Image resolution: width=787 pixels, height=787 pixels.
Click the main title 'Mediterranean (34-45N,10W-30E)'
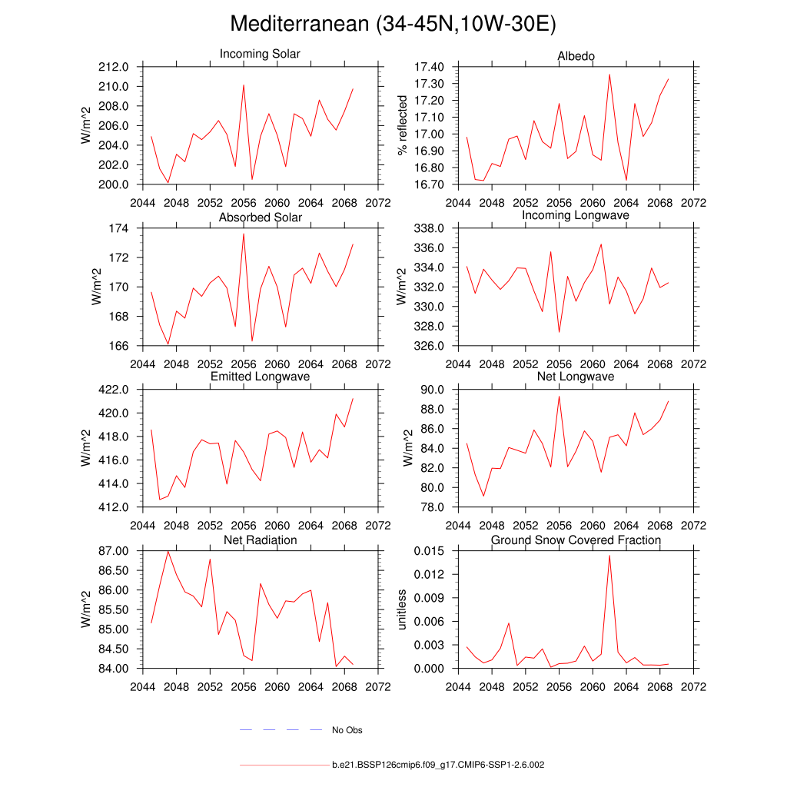coord(393,25)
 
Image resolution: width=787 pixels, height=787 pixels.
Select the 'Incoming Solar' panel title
coord(260,54)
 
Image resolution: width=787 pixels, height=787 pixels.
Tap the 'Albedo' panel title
coord(576,56)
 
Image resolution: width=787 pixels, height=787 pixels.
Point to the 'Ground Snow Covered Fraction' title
coord(576,540)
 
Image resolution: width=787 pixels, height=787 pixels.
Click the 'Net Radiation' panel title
coord(260,540)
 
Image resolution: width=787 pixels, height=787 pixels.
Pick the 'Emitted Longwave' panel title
coord(260,377)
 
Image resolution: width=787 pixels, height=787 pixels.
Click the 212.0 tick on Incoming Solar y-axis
coord(118,68)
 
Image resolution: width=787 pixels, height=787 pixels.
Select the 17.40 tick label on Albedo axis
coord(429,68)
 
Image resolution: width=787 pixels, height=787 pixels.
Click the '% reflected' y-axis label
coord(401,126)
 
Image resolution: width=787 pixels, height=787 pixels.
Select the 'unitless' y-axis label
coord(401,609)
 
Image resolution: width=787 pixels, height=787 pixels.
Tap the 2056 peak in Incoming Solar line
coord(244,85)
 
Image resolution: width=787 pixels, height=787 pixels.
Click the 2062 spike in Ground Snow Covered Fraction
coord(609,555)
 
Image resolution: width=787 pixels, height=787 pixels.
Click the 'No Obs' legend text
coord(347,730)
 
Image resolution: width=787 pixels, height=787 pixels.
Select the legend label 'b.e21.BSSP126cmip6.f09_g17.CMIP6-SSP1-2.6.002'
coord(438,765)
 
